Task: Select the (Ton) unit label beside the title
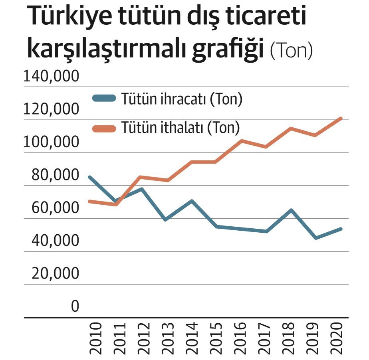[x=291, y=51]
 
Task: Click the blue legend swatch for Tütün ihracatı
[x=104, y=98]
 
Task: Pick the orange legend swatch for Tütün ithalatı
[x=104, y=128]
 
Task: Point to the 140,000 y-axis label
[x=52, y=76]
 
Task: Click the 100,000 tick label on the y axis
[x=52, y=142]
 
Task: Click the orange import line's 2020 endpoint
[x=341, y=118]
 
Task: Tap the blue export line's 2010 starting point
[x=90, y=177]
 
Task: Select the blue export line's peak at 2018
[x=291, y=210]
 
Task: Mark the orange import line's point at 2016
[x=241, y=140]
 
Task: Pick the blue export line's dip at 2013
[x=165, y=220]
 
